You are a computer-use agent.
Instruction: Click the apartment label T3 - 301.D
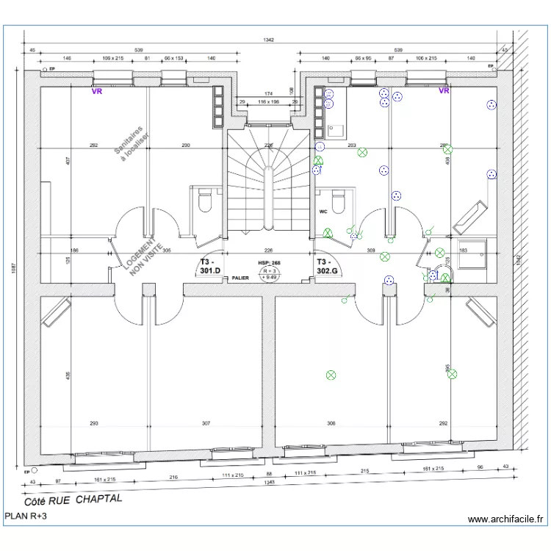(210, 266)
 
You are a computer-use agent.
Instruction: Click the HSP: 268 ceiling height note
(269, 262)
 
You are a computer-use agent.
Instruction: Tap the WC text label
(323, 212)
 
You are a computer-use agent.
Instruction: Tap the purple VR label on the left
(96, 92)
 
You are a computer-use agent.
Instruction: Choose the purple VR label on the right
(444, 91)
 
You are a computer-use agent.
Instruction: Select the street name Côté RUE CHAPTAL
(74, 500)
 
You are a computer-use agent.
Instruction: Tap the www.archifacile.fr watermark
(507, 519)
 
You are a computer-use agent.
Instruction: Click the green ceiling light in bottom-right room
(452, 374)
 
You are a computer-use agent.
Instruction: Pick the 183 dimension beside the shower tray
(463, 251)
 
